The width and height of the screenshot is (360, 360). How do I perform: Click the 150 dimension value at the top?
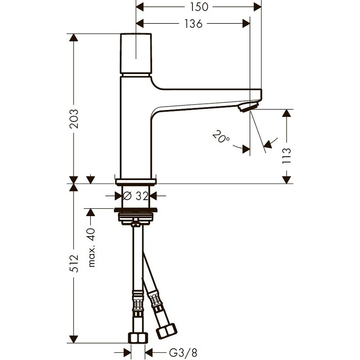[x=199, y=7]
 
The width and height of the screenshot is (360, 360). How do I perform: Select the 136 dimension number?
[x=193, y=23]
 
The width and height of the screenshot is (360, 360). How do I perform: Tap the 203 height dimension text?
[x=74, y=119]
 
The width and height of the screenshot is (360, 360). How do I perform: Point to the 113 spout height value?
[x=287, y=156]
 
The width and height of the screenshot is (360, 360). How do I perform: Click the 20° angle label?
[x=221, y=136]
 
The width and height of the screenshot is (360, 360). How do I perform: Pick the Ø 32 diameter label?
[x=136, y=196]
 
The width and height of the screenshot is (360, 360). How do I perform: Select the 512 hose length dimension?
[x=74, y=264]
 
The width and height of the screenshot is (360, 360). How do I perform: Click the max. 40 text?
[x=91, y=247]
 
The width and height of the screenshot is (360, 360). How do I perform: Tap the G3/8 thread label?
[x=183, y=352]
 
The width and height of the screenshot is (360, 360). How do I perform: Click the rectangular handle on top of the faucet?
[x=136, y=53]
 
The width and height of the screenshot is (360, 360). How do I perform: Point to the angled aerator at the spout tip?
[x=248, y=107]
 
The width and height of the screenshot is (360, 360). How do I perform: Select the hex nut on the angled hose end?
[x=167, y=331]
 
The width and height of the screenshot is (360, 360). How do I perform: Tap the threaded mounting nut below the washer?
[x=136, y=218]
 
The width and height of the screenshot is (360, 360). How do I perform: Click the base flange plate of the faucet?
[x=136, y=182]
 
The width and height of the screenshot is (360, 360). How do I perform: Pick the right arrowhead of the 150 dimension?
[x=257, y=7]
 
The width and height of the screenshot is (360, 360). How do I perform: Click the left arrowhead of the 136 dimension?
[x=140, y=23]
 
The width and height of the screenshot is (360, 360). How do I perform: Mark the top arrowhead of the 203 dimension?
[x=74, y=37]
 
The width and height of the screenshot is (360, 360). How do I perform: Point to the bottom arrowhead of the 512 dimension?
[x=74, y=339]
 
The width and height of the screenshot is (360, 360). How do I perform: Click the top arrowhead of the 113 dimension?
[x=287, y=113]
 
